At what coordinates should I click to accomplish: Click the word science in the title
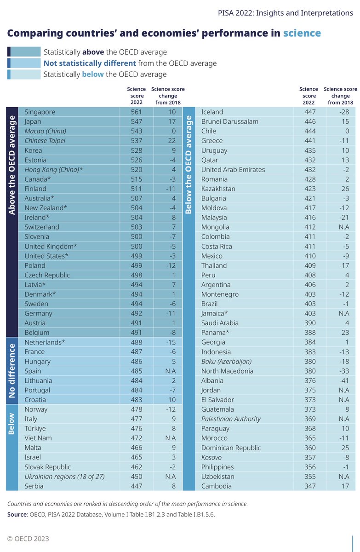pyautogui.click(x=302, y=33)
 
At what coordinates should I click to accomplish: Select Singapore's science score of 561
pyautogui.click(x=137, y=112)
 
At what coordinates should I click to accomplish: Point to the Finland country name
pyautogui.click(x=36, y=189)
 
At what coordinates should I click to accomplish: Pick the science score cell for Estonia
pyautogui.click(x=137, y=160)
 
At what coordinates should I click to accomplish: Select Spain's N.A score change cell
pyautogui.click(x=171, y=371)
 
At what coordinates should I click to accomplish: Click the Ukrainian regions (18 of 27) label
pyautogui.click(x=65, y=477)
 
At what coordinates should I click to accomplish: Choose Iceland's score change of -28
pyautogui.click(x=345, y=112)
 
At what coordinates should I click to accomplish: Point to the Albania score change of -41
pyautogui.click(x=345, y=380)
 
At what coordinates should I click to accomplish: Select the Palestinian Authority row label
pyautogui.click(x=231, y=419)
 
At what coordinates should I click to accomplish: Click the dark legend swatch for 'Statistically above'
pyautogui.click(x=9, y=52)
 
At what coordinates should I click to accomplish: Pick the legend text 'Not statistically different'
pyautogui.click(x=90, y=63)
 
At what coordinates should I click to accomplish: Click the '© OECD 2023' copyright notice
pyautogui.click(x=28, y=539)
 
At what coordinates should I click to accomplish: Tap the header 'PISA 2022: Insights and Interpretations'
pyautogui.click(x=286, y=12)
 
